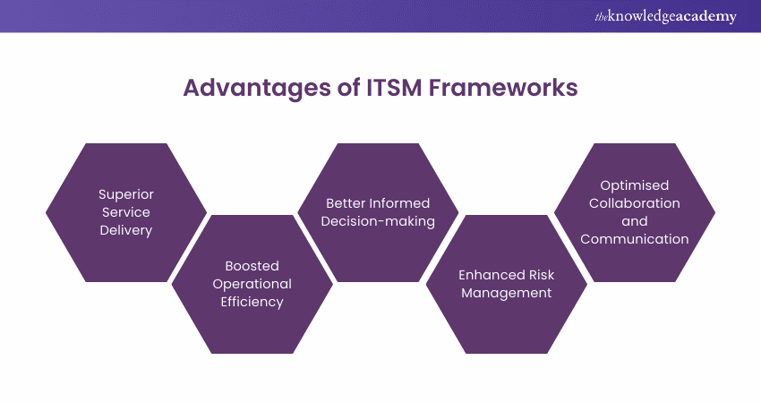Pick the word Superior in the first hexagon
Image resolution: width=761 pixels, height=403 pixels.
[126, 194]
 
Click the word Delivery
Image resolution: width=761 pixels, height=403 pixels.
[126, 230]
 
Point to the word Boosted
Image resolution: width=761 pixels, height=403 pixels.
[252, 266]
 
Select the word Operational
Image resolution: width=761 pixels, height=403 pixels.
[252, 284]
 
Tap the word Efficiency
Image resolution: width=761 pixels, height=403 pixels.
[252, 302]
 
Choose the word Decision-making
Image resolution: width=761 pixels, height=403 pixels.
[379, 221]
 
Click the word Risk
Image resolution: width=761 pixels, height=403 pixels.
[538, 275]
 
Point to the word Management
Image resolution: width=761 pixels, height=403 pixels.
[507, 293]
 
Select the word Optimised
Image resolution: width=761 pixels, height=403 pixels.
[635, 185]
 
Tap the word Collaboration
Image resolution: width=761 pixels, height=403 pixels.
[635, 203]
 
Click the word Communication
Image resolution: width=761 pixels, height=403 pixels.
[635, 239]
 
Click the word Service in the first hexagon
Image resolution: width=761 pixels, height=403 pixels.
[126, 212]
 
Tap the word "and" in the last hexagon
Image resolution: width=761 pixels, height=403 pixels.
[635, 221]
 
